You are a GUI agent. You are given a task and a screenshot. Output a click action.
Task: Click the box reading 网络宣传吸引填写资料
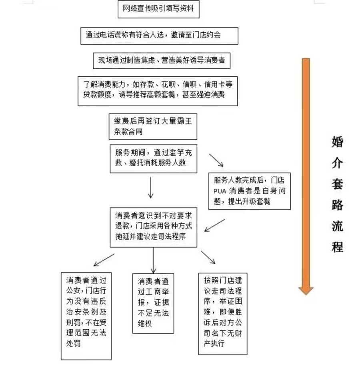pyautogui.click(x=158, y=9)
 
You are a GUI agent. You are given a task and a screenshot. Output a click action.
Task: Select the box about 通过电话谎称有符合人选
pyautogui.click(x=159, y=35)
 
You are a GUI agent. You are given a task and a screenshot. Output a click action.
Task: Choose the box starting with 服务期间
pyautogui.click(x=153, y=158)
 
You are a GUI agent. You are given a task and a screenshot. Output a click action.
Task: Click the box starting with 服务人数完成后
pyautogui.click(x=249, y=191)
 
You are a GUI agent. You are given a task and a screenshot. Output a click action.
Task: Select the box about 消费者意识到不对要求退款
pyautogui.click(x=154, y=226)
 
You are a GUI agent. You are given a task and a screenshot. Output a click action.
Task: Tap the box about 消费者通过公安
pyautogui.click(x=86, y=316)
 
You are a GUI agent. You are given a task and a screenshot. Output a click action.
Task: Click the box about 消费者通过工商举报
pyautogui.click(x=153, y=303)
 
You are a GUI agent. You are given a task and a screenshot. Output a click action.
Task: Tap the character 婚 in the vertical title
pyautogui.click(x=337, y=141)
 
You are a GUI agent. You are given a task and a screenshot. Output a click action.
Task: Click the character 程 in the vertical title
pyautogui.click(x=337, y=247)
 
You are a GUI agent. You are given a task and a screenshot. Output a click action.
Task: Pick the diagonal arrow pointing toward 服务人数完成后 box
pyautogui.click(x=216, y=160)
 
